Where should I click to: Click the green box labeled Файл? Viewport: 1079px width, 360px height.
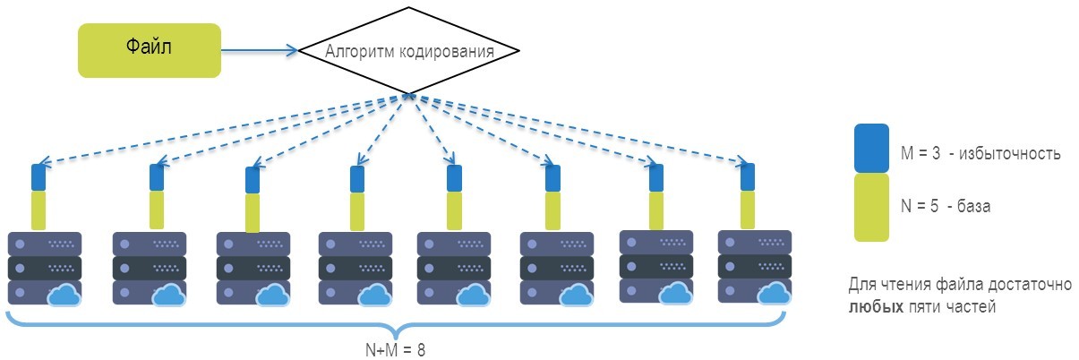149,50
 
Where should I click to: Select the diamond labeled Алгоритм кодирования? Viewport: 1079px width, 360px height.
408,51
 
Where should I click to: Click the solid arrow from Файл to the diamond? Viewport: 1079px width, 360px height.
260,51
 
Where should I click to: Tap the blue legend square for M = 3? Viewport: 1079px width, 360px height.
871,148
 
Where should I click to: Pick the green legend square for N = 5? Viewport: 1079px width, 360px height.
871,207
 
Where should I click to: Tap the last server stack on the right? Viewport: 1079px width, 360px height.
755,267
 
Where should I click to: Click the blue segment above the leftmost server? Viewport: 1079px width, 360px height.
39,176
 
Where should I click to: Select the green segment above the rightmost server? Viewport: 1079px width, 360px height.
748,208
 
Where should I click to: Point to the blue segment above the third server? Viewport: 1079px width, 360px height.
253,180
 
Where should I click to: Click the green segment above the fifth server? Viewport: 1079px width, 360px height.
454,210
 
